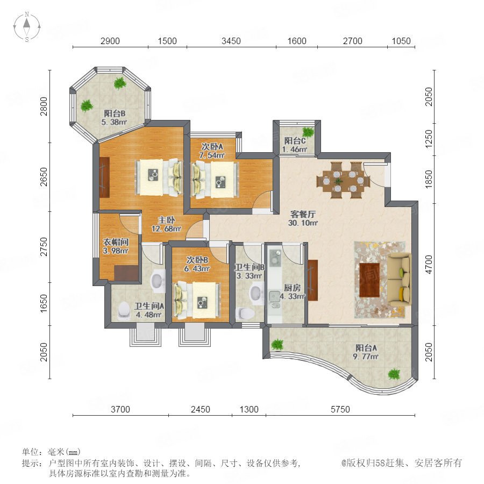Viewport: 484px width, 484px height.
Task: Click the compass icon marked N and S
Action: tap(27, 27)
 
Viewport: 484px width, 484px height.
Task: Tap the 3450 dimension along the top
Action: tap(231, 41)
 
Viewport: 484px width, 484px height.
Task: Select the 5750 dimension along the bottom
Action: tap(340, 409)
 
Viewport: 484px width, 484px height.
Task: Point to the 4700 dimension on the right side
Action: tap(429, 264)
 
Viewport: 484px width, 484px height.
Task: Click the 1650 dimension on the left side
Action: tap(45, 303)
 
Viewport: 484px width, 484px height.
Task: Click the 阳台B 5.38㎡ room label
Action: tap(114, 118)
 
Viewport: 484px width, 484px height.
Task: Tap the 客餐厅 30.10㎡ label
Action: tap(303, 218)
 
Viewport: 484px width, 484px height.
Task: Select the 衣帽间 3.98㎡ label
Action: tap(116, 246)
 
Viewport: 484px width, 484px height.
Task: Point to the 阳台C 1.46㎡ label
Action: tap(295, 145)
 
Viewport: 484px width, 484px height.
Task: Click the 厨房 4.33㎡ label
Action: tap(292, 292)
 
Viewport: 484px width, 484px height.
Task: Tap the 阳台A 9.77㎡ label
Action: tap(366, 352)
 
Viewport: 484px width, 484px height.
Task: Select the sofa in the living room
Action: tap(400, 279)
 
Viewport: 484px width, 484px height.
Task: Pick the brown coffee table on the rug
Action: tap(369, 280)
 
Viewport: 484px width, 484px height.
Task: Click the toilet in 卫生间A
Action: tap(124, 310)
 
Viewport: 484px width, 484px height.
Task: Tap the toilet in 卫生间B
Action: tap(245, 314)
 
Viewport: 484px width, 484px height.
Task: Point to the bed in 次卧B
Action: tap(197, 300)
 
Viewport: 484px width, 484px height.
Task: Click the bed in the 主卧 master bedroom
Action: tap(158, 177)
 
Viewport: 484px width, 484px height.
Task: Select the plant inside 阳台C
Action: tap(308, 132)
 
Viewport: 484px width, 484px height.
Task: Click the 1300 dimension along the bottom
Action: tap(249, 409)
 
